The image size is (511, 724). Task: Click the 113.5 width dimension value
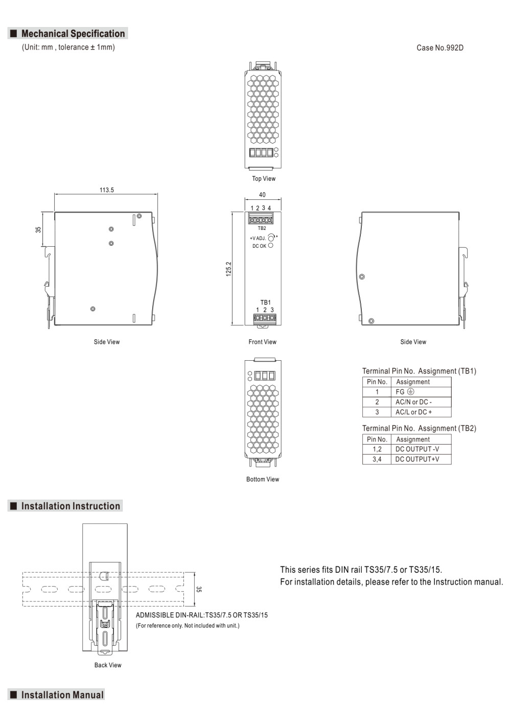107,190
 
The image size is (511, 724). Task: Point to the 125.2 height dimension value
228,269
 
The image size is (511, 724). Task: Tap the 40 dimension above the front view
262,195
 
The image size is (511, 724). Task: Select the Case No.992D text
439,48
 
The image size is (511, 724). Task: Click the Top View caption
264,178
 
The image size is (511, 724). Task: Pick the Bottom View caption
263,479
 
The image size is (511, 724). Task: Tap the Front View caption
263,342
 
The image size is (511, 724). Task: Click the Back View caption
108,665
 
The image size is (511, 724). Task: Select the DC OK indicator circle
270,245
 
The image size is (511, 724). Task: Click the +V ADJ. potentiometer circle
271,238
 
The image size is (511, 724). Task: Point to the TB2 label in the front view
262,228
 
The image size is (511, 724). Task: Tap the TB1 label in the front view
265,302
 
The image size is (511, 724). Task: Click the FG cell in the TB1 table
421,392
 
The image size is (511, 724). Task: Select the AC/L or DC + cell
421,412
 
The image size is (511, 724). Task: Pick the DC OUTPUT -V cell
421,449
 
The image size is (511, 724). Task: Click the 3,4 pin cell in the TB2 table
377,459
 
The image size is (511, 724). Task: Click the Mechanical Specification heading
73,34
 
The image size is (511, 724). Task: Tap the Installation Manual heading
62,694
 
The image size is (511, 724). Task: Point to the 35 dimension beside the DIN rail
198,589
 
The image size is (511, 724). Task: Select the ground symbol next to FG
410,392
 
